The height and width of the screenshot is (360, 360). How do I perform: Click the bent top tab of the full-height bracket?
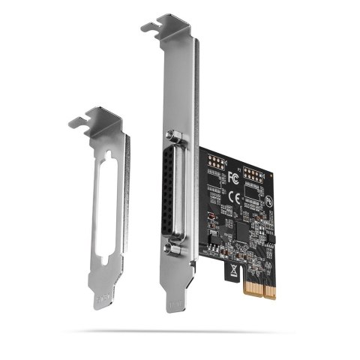[x=161, y=27]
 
